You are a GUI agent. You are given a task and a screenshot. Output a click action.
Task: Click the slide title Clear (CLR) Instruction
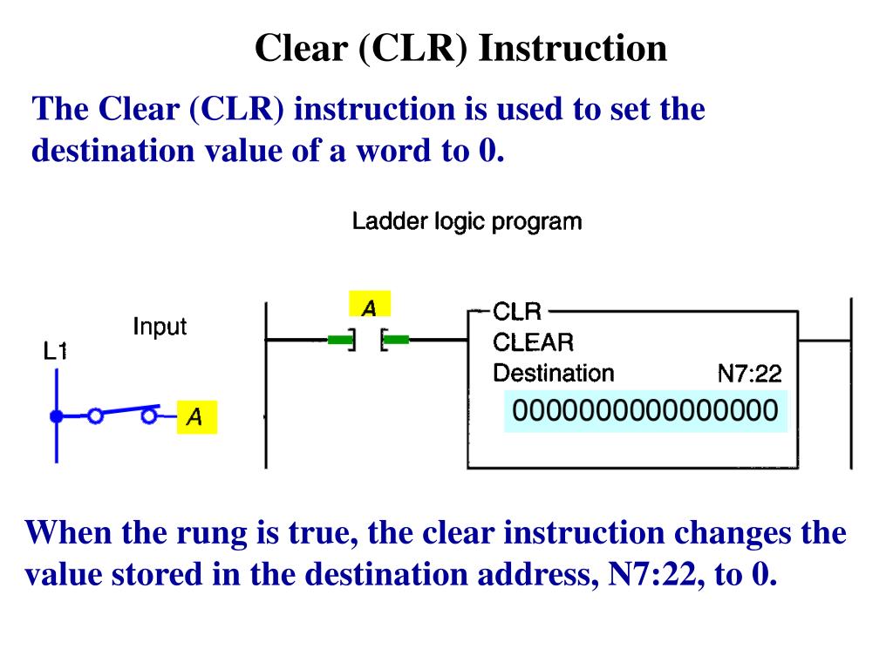(x=460, y=48)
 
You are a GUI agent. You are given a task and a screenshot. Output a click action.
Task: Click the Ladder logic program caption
(x=467, y=221)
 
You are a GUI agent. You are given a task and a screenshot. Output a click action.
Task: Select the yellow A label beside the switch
(x=196, y=418)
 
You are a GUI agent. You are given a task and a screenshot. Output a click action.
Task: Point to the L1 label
(x=56, y=352)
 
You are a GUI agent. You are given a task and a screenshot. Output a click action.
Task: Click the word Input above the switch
(x=160, y=327)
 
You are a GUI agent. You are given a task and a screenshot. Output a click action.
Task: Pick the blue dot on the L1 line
(x=57, y=416)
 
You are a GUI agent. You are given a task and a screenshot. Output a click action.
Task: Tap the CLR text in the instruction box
(x=517, y=311)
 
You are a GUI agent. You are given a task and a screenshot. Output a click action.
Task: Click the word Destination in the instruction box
(x=554, y=374)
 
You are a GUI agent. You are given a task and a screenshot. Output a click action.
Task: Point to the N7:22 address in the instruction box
(x=749, y=375)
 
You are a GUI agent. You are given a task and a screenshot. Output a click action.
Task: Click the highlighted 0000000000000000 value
(x=644, y=411)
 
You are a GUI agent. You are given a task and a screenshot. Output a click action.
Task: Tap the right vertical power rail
(x=850, y=383)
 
